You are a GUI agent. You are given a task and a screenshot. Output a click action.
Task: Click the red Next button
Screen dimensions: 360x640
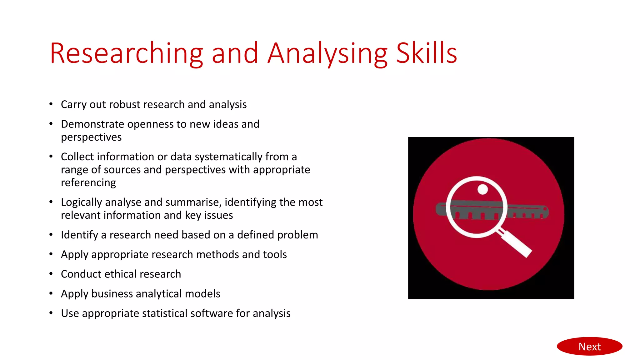(589, 346)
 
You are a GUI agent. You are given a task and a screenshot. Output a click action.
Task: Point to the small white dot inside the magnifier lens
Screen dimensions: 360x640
(482, 189)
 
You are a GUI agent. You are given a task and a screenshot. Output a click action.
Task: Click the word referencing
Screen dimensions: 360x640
(88, 182)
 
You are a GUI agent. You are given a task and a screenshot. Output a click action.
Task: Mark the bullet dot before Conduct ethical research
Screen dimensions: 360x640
(51, 274)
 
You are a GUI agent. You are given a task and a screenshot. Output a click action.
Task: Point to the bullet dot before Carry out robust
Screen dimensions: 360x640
(51, 104)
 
